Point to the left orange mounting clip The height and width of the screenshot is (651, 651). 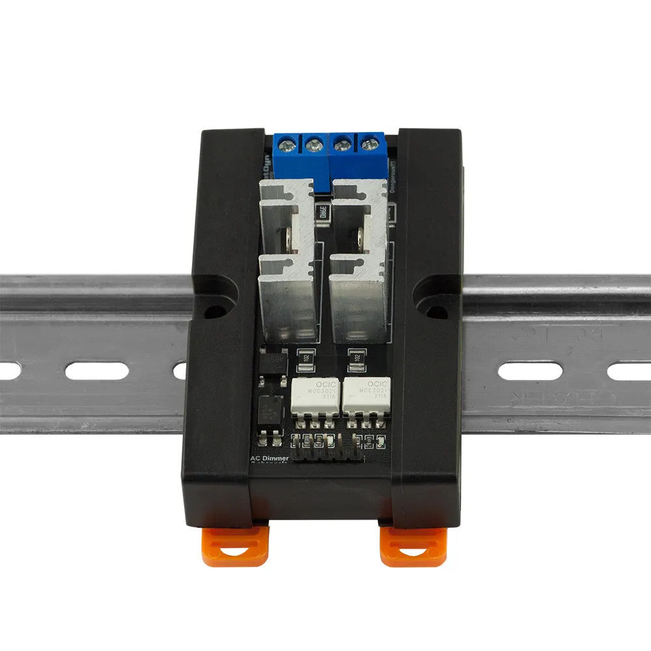coord(235,546)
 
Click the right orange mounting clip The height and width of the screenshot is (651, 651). coord(412,546)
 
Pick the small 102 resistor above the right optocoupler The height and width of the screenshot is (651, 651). coord(355,357)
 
